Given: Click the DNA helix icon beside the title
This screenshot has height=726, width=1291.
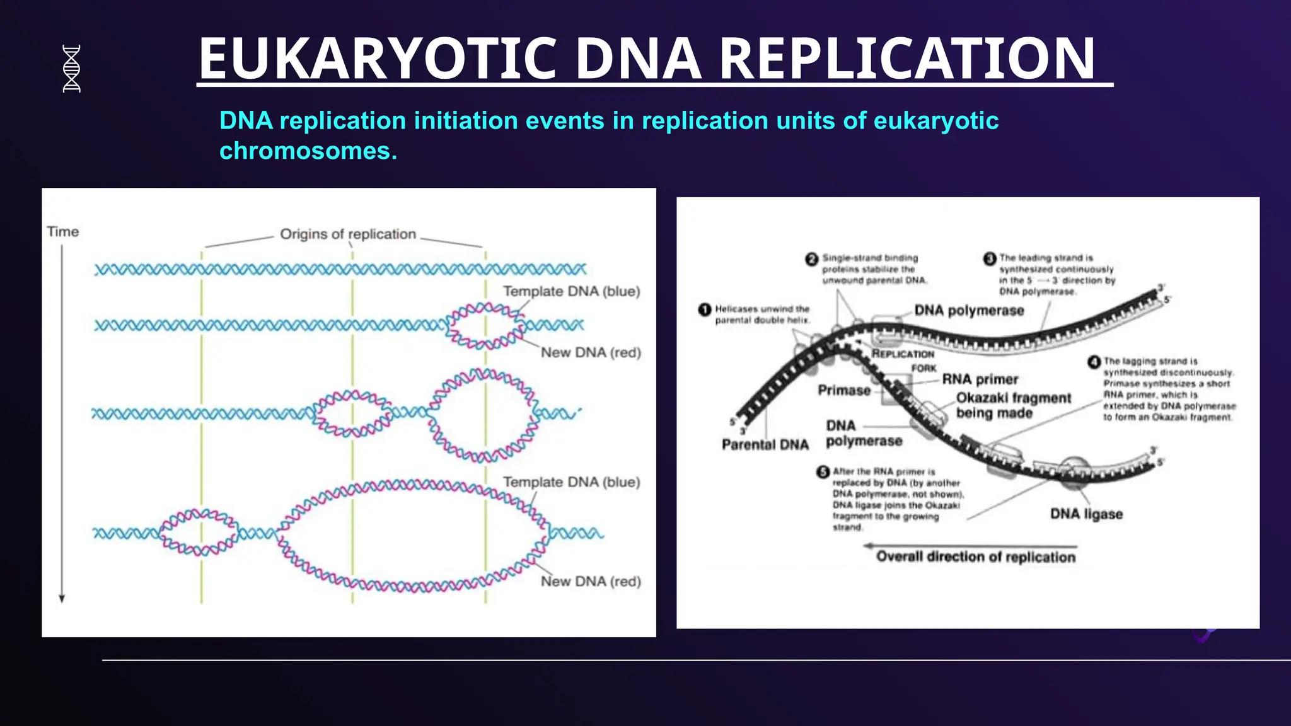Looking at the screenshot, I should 72,69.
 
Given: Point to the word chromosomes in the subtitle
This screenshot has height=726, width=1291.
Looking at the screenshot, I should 308,151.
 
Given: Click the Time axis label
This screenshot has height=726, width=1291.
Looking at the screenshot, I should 62,232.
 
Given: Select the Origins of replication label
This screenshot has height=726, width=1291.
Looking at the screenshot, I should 347,234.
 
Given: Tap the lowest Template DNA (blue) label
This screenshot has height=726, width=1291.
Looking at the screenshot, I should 571,482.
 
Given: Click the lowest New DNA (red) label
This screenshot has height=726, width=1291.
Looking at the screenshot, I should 591,581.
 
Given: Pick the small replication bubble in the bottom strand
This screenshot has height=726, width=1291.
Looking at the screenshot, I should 198,533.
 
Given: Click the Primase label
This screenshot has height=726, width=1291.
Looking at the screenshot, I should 843,390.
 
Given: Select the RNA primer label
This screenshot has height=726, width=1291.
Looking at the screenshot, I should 980,379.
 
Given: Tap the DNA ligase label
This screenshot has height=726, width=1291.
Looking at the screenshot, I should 1085,514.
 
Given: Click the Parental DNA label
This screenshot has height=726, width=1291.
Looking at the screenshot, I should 765,445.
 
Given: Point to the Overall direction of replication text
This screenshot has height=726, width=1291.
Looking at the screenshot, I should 975,557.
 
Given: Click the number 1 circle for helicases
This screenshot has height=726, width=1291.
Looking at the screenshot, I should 705,309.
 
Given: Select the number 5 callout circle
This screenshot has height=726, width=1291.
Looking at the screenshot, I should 823,472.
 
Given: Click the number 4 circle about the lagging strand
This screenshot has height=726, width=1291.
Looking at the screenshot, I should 1094,362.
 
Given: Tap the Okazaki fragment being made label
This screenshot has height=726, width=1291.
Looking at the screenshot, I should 1012,405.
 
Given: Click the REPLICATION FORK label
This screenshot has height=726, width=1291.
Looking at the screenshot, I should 903,360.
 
